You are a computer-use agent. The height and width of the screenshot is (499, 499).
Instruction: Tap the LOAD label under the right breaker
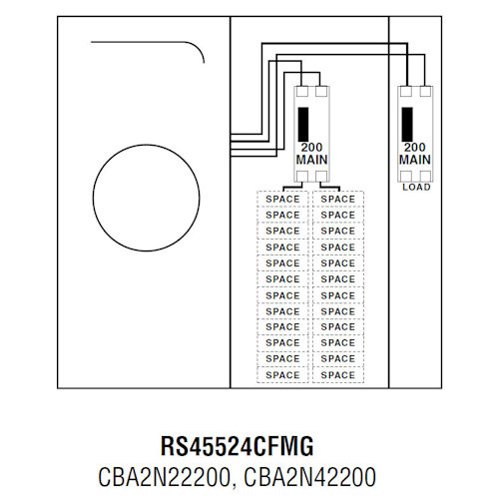point(415,187)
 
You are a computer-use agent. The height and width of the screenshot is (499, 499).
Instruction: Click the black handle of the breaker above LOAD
point(407,125)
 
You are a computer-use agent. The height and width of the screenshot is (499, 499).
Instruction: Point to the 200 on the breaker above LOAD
point(415,147)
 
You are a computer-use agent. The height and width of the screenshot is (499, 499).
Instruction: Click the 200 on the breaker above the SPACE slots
point(312,147)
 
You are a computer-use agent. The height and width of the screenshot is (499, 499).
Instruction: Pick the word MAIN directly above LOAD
point(415,160)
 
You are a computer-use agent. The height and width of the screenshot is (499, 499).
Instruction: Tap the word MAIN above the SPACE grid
point(312,160)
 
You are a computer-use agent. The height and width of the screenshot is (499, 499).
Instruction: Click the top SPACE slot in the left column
point(283,199)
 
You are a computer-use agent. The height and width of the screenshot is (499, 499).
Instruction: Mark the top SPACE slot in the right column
point(338,199)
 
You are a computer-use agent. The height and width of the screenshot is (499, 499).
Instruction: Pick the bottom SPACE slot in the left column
point(283,375)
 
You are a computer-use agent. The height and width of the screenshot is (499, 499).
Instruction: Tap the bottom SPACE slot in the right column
point(338,375)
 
